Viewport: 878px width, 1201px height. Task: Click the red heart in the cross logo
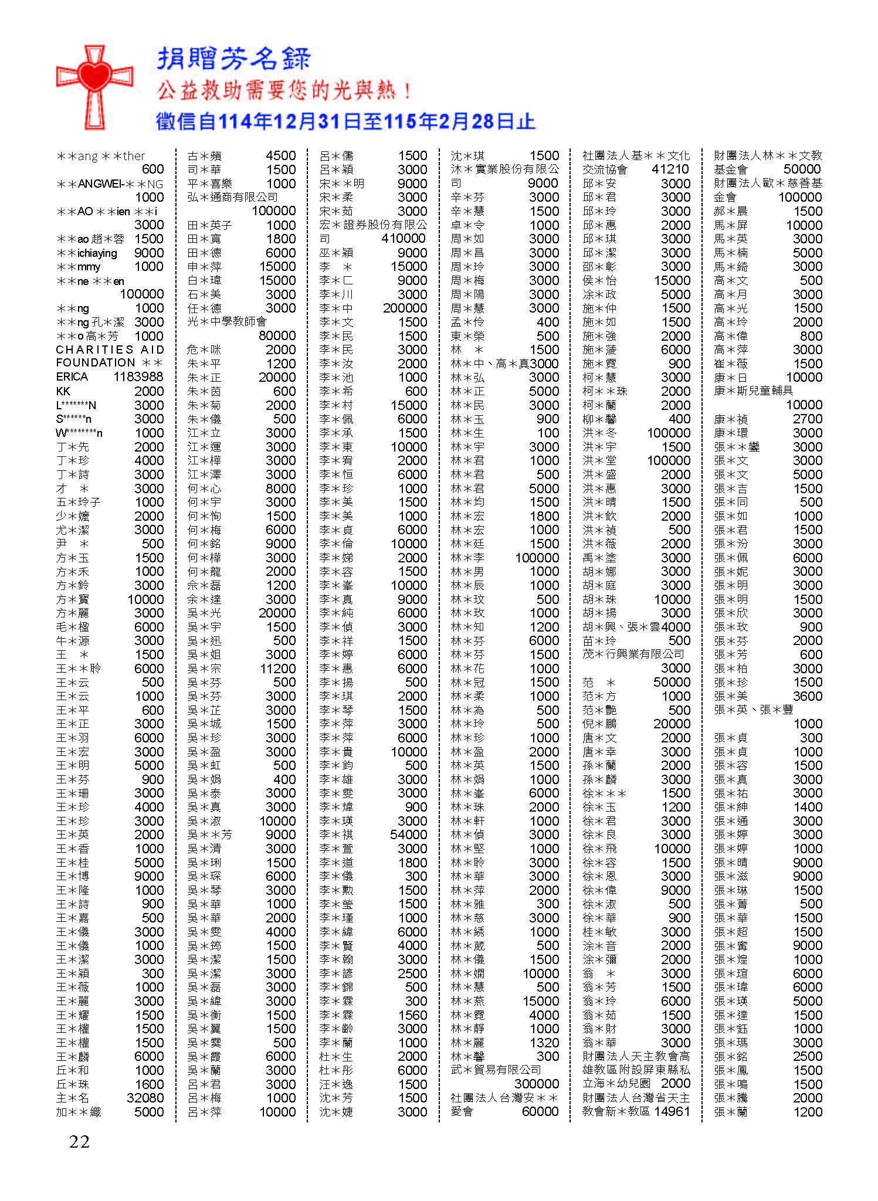[94, 77]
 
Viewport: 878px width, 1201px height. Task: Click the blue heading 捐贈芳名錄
[234, 59]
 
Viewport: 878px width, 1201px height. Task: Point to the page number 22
[79, 1141]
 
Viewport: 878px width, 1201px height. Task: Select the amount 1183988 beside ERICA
[138, 377]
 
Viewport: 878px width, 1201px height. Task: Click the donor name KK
[63, 391]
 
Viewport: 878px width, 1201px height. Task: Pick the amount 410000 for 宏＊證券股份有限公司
[403, 239]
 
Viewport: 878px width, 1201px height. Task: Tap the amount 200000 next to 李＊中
[405, 308]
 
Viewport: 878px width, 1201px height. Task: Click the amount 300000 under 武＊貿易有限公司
[536, 1084]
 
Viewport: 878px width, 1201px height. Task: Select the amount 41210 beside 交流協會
[670, 169]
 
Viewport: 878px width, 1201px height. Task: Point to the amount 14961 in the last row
[672, 1111]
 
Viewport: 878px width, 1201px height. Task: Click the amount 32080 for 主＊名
[145, 1098]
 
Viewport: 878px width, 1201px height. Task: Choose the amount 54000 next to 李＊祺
[408, 834]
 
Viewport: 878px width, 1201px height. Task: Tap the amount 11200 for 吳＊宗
[277, 669]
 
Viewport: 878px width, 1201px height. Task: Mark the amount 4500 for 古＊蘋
[280, 156]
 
